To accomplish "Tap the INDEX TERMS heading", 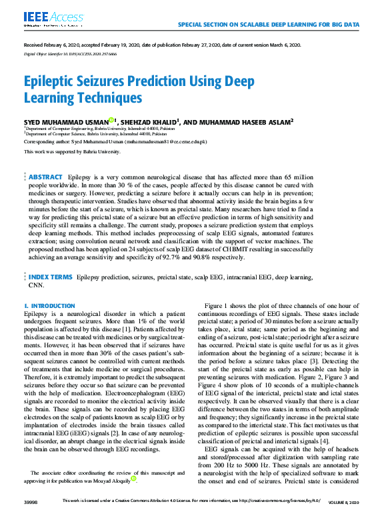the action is coord(51,275).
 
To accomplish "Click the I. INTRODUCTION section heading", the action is coord(50,306).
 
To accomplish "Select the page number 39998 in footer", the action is coord(31,518).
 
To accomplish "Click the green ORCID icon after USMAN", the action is coord(111,120).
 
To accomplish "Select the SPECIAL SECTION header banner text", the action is coord(269,24).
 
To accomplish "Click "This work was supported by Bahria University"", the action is coord(72,152).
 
